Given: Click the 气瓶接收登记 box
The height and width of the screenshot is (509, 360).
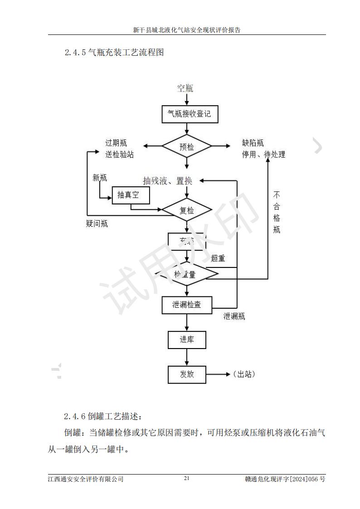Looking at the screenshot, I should pyautogui.click(x=190, y=114).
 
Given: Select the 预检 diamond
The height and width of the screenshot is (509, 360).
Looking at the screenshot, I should pyautogui.click(x=187, y=146).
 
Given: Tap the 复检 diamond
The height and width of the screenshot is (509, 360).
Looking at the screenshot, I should pyautogui.click(x=187, y=210).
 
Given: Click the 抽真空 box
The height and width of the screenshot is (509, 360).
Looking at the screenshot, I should pyautogui.click(x=131, y=195).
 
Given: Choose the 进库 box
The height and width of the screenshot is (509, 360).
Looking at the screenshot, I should pyautogui.click(x=187, y=339).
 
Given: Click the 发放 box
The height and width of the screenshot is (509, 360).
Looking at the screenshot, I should pyautogui.click(x=187, y=374).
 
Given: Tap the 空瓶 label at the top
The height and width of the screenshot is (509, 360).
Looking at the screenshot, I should pyautogui.click(x=185, y=88).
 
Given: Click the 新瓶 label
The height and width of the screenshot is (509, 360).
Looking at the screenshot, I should pyautogui.click(x=100, y=178).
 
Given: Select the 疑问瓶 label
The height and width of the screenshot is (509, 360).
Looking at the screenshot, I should pyautogui.click(x=97, y=223).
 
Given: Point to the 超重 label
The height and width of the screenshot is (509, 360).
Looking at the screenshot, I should pyautogui.click(x=218, y=258).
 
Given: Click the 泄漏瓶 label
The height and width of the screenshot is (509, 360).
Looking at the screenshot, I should pyautogui.click(x=234, y=316).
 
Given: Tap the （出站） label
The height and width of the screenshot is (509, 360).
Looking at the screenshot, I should pyautogui.click(x=243, y=374).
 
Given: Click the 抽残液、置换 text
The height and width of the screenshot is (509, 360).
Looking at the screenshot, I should pyautogui.click(x=168, y=181).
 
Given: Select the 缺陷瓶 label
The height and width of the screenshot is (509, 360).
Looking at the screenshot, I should pyautogui.click(x=253, y=144).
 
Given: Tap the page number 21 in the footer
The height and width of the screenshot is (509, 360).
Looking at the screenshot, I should pyautogui.click(x=186, y=479).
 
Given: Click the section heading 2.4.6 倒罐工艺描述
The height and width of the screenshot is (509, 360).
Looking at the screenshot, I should pyautogui.click(x=104, y=416).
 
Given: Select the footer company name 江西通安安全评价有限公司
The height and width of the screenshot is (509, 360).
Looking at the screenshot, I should pyautogui.click(x=85, y=479).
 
